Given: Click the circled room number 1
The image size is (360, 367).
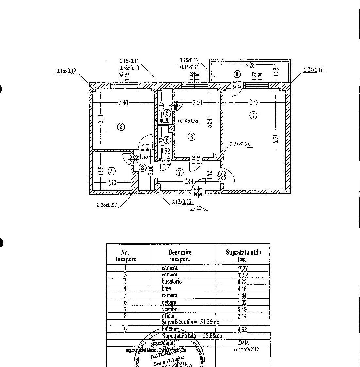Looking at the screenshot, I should point(253,115).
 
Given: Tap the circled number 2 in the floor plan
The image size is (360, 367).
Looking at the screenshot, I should point(121,127).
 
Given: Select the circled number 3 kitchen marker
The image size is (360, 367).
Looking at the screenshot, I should point(192,137).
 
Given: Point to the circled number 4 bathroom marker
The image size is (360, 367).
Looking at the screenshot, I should point(112,171).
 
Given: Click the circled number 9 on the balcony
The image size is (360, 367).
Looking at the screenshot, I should point(237,74).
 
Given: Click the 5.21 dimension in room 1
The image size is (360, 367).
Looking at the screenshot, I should point(276,139).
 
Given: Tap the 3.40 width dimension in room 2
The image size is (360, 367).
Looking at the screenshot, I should point(123,103).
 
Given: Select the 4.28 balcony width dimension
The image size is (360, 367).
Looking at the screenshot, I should point(250,65).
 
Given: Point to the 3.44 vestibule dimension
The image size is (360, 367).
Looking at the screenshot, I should point(188,182).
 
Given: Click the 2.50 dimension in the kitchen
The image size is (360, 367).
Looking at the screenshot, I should point(197,103).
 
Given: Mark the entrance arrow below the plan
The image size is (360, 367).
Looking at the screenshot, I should point(199,209).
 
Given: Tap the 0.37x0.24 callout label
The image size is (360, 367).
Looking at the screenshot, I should point(241,144).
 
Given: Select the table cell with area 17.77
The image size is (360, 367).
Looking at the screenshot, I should point(242,268).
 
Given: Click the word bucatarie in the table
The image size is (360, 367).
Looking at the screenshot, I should point(172,281).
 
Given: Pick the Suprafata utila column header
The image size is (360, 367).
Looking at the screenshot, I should point(243,255).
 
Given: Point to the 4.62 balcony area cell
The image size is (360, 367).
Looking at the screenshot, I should point(242,330).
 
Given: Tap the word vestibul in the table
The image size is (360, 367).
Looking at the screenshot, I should point(170,309).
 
